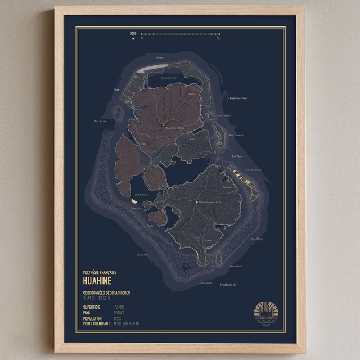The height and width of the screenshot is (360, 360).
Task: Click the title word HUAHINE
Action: [x=97, y=280]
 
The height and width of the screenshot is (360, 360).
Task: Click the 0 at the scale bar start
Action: [x=142, y=39]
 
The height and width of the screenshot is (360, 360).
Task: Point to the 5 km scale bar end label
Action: [x=218, y=39]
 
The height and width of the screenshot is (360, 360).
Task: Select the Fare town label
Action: [x=116, y=89]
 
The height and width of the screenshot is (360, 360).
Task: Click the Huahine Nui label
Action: [x=237, y=98]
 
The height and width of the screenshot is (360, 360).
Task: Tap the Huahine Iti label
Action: [x=228, y=285]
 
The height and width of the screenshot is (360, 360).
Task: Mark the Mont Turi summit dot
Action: [x=163, y=125]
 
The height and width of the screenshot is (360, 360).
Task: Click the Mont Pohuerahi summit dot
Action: [x=196, y=202]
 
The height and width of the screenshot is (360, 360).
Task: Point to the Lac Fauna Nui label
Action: [x=169, y=78]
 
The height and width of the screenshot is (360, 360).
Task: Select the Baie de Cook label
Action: [x=100, y=121]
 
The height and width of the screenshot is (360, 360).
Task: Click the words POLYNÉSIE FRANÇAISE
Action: [x=100, y=272]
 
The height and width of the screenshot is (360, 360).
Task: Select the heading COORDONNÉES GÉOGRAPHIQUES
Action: [x=106, y=292]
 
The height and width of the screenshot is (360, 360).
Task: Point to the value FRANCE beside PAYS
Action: [x=120, y=312]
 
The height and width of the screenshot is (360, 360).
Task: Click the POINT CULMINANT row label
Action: [x=96, y=323]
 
